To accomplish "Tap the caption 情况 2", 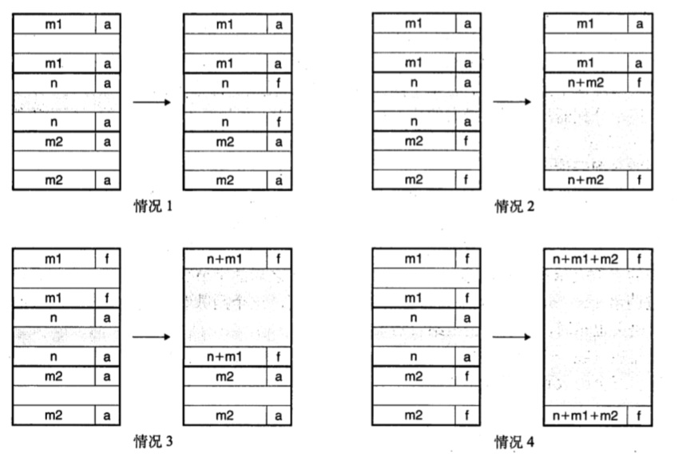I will (x=514, y=207).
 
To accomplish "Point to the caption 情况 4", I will (x=514, y=441).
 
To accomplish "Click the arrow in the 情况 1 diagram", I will (x=152, y=102).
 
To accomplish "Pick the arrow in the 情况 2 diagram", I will (x=513, y=102).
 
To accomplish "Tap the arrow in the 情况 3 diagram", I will (x=152, y=336).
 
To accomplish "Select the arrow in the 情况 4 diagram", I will (x=513, y=336).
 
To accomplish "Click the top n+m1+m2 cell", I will (x=586, y=258).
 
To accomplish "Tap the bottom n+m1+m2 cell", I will (x=586, y=415).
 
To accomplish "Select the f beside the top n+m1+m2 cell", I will (x=640, y=258).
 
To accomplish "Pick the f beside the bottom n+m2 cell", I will (x=640, y=180).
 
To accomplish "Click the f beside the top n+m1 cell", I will (x=279, y=258).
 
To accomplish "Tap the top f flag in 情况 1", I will (x=279, y=82).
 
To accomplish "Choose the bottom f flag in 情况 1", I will (x=279, y=121).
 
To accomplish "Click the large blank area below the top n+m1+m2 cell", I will (x=597, y=336).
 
